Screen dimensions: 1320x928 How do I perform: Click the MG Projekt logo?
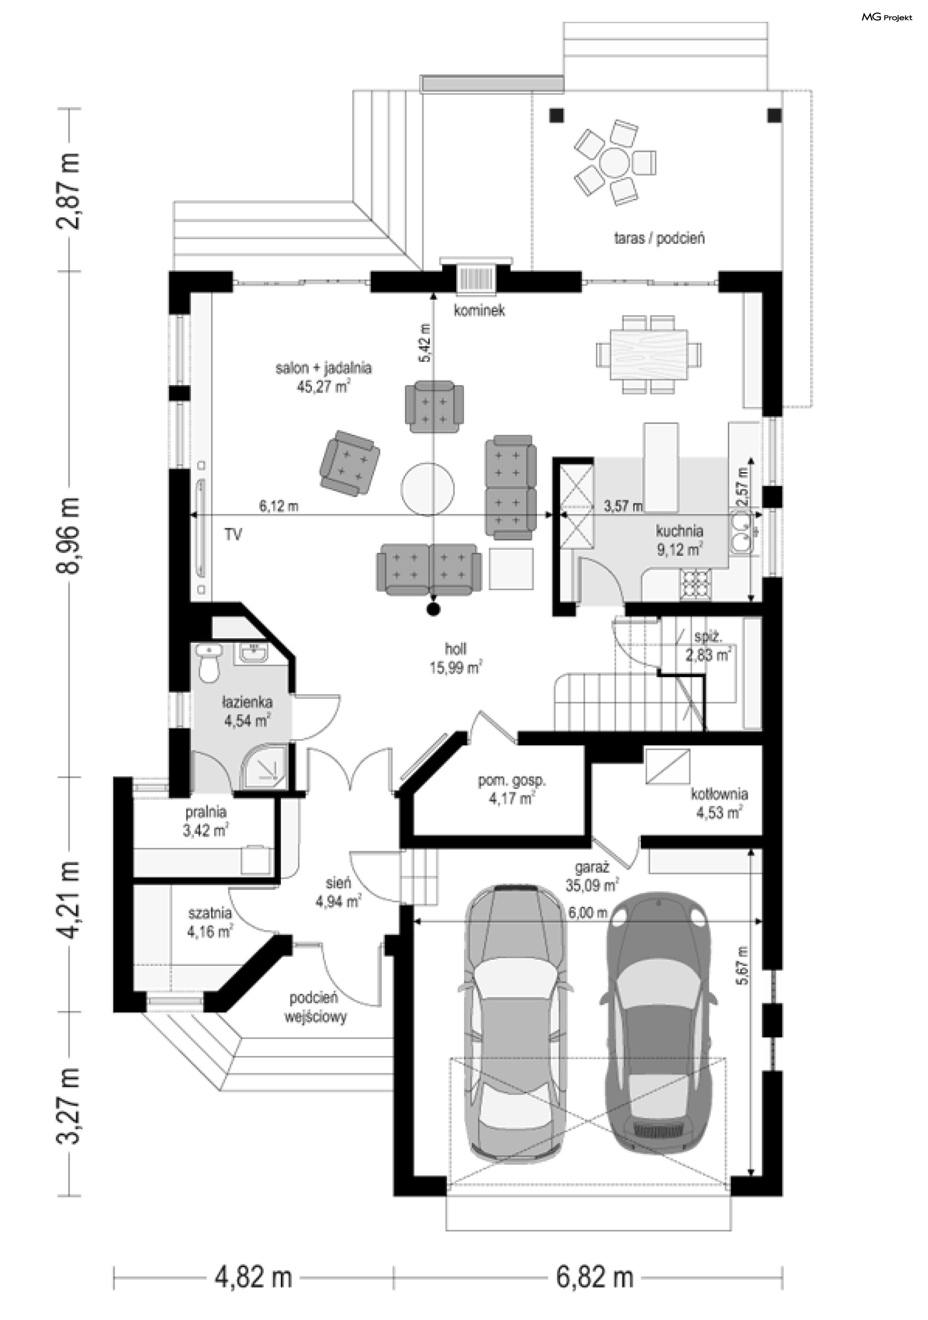[x=886, y=17]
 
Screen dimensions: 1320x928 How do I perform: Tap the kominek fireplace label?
[x=479, y=311]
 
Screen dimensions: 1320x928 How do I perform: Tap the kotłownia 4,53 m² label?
[x=719, y=803]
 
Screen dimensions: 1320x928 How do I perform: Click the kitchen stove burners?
[x=696, y=583]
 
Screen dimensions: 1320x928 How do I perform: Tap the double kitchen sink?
[x=743, y=532]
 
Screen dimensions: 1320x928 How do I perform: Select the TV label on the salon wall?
[x=232, y=534]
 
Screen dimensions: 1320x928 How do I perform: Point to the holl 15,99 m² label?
[x=456, y=658]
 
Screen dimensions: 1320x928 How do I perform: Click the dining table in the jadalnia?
[x=649, y=354]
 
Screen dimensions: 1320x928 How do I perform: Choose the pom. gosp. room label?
[x=512, y=789]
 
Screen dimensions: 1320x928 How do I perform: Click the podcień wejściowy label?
[x=315, y=1007]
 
